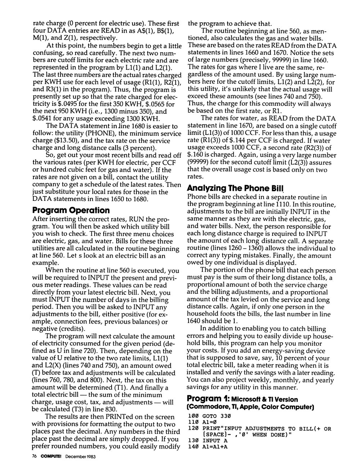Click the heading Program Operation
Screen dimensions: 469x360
(71, 210)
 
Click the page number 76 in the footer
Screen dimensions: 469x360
(35, 456)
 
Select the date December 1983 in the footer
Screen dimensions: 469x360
(80, 456)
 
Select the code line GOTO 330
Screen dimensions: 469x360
(217, 416)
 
